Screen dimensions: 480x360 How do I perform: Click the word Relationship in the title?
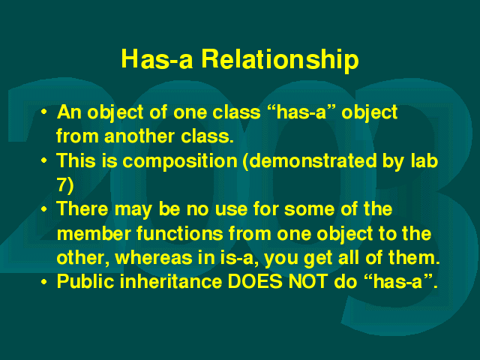point(280,60)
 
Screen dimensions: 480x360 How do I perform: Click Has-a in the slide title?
point(157,58)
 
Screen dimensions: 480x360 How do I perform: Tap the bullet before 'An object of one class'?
point(44,112)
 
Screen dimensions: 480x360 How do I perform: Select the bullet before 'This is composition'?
point(44,160)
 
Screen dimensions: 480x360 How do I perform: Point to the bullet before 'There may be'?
point(44,208)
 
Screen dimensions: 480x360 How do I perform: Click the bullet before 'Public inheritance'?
point(44,282)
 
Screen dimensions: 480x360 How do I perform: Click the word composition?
point(180,162)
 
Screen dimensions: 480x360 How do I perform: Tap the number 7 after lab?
point(62,184)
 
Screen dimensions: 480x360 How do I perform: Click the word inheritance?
point(171,281)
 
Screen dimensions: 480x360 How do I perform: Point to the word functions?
point(180,233)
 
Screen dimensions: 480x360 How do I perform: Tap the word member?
point(94,233)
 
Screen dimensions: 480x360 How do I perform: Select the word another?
point(139,136)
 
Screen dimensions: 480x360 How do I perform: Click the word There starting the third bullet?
point(82,208)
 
